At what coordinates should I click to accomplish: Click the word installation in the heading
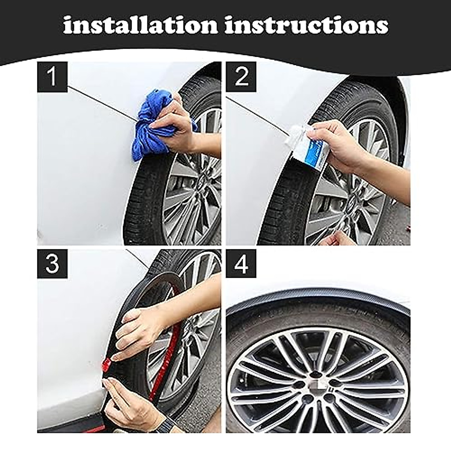click(x=141, y=25)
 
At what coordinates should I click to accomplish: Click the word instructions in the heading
click(x=306, y=25)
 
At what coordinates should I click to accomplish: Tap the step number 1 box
click(x=52, y=77)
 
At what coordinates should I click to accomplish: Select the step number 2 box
click(x=241, y=77)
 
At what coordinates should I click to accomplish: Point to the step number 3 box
click(x=52, y=264)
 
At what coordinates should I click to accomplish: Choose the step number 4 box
click(x=241, y=264)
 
